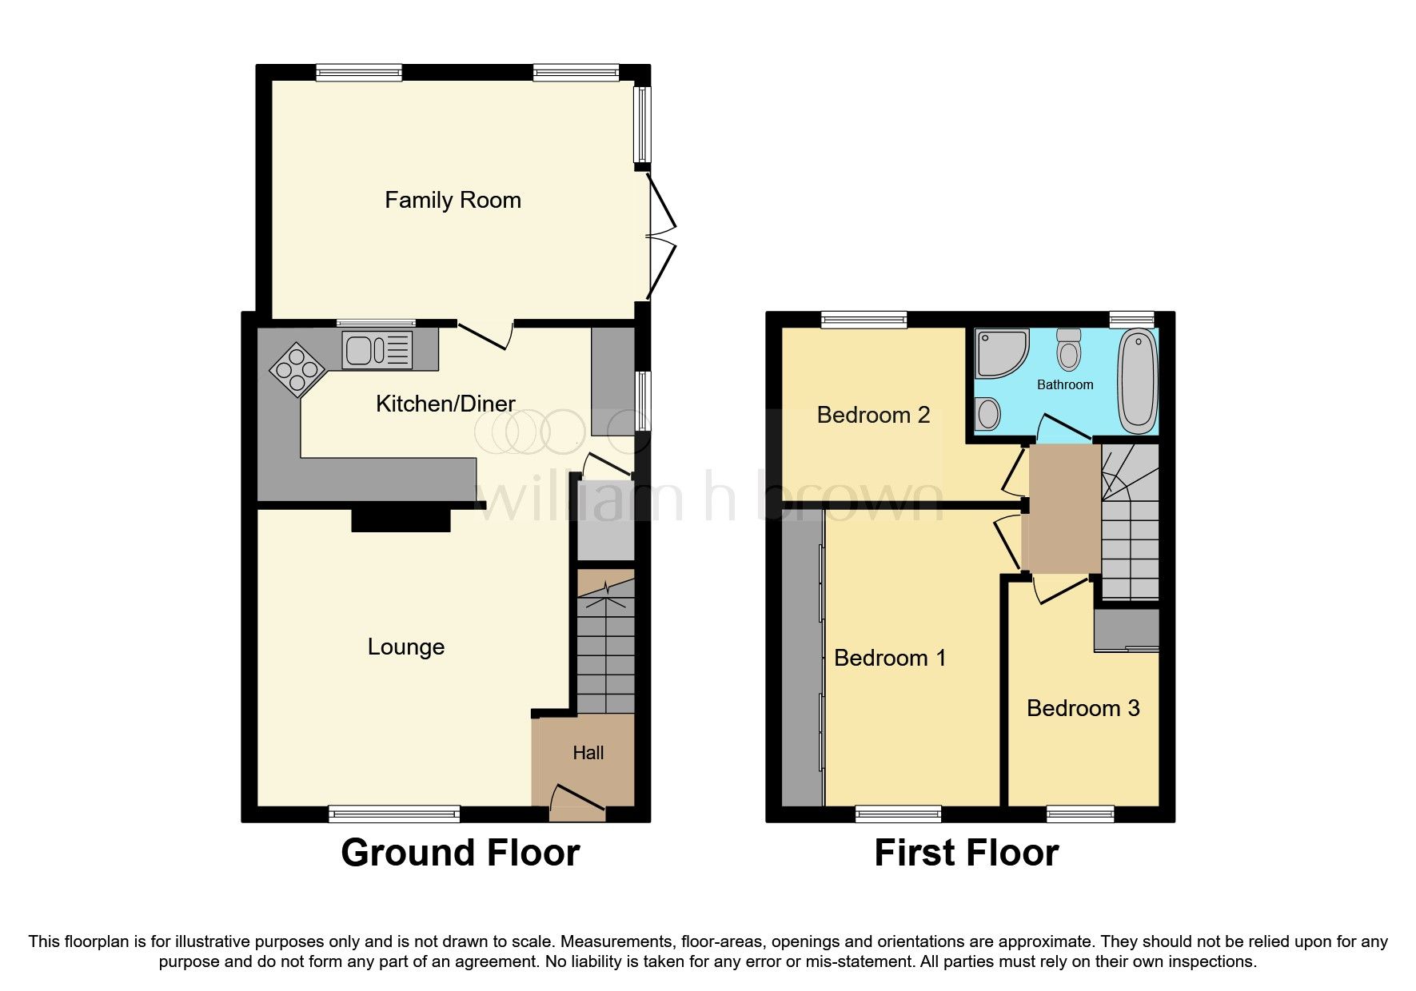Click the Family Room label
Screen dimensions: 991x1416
453,200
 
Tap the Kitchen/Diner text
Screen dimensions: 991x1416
445,404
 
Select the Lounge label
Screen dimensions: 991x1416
405,647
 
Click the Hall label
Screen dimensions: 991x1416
588,753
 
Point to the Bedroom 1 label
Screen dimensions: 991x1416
889,658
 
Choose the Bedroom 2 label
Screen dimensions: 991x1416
873,415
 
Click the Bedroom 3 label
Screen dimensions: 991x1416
1083,708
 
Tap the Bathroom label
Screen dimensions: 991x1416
1064,385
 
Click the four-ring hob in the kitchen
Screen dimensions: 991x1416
297,369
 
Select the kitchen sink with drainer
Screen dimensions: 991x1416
377,350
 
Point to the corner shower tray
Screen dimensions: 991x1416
999,352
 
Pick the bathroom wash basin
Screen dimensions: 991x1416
988,415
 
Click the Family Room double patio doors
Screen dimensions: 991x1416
661,237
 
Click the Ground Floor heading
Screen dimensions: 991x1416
460,853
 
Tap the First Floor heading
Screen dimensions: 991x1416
966,853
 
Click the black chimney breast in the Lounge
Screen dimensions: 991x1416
401,520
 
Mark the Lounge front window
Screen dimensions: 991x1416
394,814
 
